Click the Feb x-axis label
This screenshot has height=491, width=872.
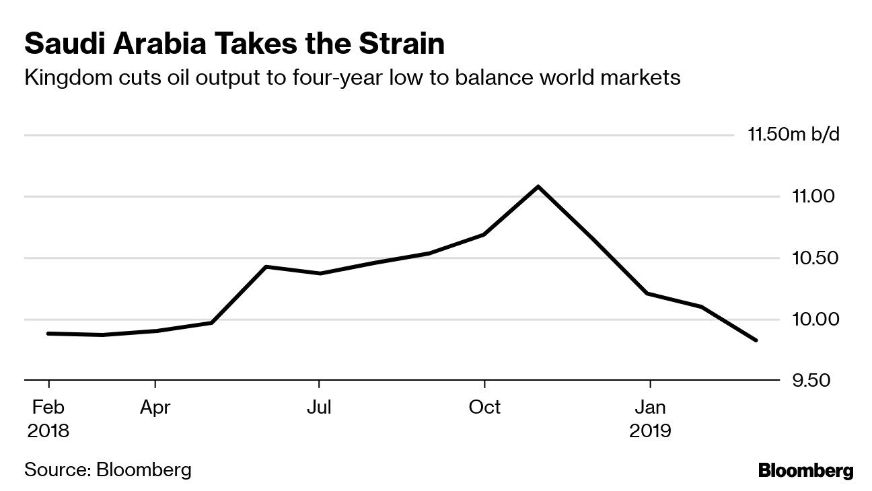click(48, 408)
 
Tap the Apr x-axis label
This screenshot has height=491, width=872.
click(155, 408)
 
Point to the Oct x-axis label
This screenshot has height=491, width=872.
click(484, 408)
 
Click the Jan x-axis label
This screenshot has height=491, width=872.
click(650, 408)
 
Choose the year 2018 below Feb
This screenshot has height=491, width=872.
click(48, 430)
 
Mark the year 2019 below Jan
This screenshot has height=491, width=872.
click(650, 430)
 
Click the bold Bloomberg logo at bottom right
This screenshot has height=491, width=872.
click(805, 471)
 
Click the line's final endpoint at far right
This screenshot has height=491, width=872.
click(756, 340)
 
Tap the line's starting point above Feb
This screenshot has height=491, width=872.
click(49, 333)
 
